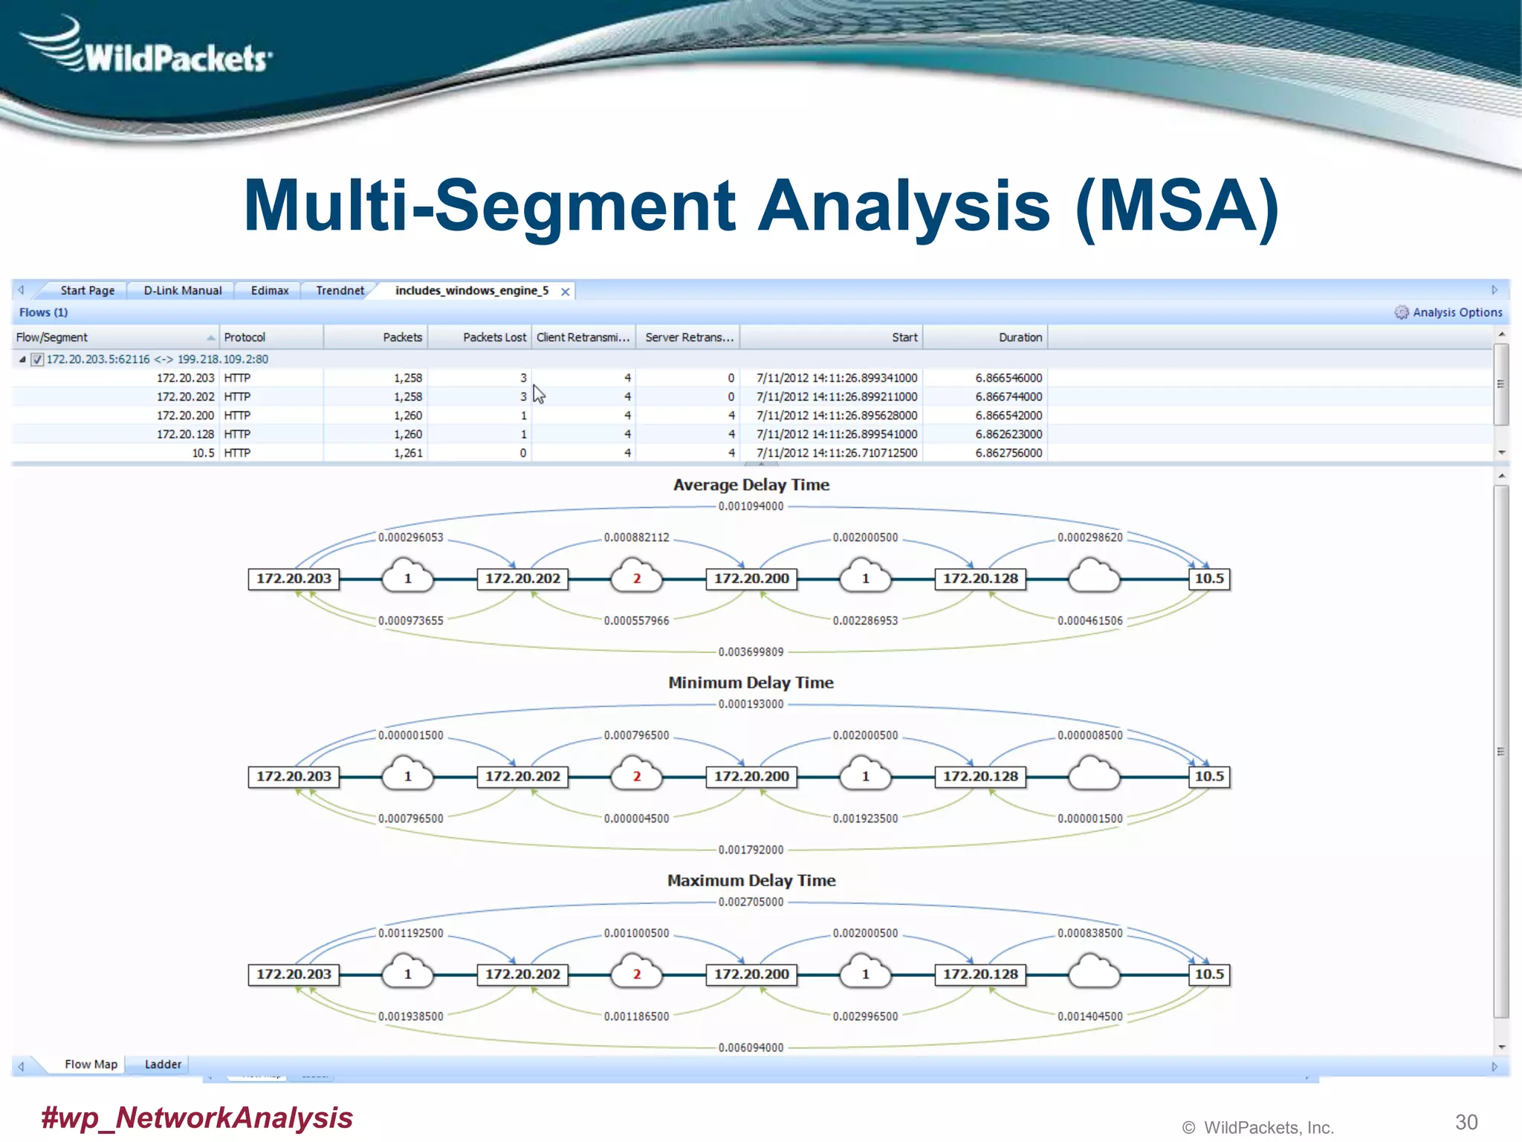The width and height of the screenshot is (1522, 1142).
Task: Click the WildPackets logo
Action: click(x=149, y=48)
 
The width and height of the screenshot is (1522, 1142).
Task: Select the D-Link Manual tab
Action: click(x=182, y=291)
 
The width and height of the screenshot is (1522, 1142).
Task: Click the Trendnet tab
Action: click(x=340, y=291)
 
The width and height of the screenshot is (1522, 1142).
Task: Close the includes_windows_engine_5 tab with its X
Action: click(x=566, y=291)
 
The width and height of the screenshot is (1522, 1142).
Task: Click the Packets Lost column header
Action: click(x=493, y=338)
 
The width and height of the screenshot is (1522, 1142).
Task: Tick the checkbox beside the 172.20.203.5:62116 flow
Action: click(x=37, y=360)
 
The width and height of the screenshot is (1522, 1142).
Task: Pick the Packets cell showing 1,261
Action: click(x=408, y=453)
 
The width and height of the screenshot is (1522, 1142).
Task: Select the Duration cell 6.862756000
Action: click(x=1008, y=453)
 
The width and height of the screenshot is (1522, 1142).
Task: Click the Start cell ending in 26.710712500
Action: click(x=837, y=453)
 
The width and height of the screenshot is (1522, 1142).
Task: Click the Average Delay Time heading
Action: click(x=751, y=485)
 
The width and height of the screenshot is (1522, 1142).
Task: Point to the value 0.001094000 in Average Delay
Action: click(x=751, y=506)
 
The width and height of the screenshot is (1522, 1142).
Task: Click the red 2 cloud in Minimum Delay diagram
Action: click(x=636, y=775)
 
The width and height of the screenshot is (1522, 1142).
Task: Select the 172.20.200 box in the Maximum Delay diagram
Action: click(x=751, y=974)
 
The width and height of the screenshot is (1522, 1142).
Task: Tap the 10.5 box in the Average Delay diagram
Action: click(x=1209, y=578)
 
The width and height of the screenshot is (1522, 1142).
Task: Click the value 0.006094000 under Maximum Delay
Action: click(x=751, y=1048)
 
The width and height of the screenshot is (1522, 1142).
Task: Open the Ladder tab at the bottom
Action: click(x=163, y=1065)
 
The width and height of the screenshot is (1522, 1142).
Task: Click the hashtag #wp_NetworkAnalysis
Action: click(x=197, y=1117)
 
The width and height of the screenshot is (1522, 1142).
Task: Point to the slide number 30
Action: click(x=1466, y=1122)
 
